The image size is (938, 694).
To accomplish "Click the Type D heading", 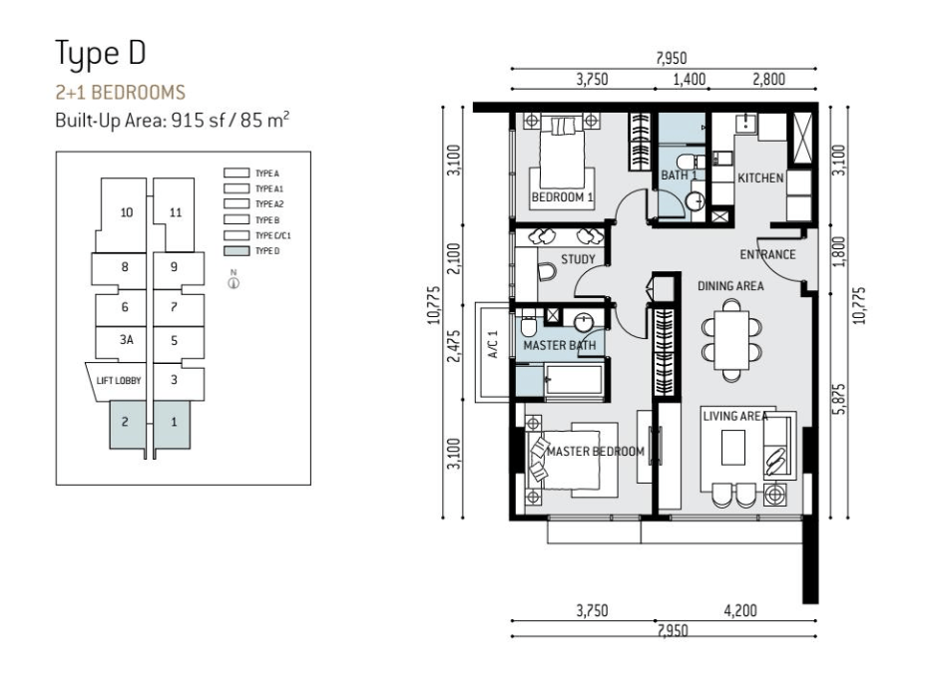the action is (101, 54).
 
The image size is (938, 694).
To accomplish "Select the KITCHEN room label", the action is (760, 178).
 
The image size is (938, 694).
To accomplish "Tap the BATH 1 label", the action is (679, 175).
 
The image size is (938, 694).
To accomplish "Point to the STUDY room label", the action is (578, 259).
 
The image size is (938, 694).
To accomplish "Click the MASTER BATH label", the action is (560, 346).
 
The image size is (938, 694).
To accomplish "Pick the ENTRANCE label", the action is (767, 255).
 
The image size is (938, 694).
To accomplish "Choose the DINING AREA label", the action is (730, 286).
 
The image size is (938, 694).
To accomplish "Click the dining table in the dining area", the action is (731, 340).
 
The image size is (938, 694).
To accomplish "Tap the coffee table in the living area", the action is (733, 448).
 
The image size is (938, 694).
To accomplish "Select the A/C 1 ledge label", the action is (494, 345).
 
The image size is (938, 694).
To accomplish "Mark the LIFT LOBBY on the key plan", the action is (119, 381).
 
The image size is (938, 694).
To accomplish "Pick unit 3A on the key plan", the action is (126, 340).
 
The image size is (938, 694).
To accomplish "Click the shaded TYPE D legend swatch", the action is (236, 251).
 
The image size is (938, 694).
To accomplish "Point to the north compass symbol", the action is (234, 281).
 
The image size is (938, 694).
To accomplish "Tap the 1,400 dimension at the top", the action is (690, 80).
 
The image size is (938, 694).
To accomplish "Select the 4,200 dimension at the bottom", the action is (740, 610).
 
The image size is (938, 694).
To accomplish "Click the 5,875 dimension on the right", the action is (840, 399).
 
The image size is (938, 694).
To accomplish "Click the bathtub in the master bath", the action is (573, 380).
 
